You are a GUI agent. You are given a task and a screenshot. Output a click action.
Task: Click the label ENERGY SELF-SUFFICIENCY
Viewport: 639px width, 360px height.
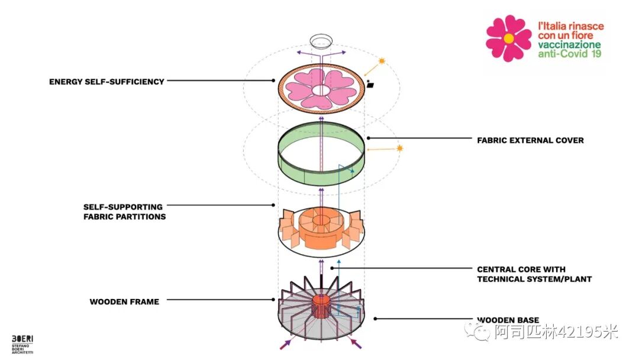pyautogui.click(x=106, y=82)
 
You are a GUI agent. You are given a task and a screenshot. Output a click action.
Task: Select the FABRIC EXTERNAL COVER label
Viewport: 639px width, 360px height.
pyautogui.click(x=530, y=140)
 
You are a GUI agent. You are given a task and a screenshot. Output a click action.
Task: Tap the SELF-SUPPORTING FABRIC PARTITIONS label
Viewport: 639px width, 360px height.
pyautogui.click(x=124, y=212)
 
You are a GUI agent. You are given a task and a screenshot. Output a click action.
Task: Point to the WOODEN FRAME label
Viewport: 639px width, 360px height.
pyautogui.click(x=124, y=302)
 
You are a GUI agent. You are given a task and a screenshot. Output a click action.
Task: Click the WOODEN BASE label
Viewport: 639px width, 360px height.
pyautogui.click(x=508, y=320)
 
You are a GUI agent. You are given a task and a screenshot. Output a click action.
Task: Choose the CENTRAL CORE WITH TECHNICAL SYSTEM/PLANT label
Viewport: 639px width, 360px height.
pyautogui.click(x=534, y=274)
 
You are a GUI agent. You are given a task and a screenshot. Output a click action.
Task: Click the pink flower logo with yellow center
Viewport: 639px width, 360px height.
pyautogui.click(x=508, y=38)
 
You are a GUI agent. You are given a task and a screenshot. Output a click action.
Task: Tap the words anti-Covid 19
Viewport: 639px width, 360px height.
pyautogui.click(x=569, y=54)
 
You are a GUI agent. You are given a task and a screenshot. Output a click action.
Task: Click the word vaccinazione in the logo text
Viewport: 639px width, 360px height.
pyautogui.click(x=569, y=45)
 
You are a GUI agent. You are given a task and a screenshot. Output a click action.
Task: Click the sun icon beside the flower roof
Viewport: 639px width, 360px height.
pyautogui.click(x=382, y=61)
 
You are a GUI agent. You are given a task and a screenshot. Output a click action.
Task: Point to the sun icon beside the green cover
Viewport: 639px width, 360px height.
pyautogui.click(x=400, y=148)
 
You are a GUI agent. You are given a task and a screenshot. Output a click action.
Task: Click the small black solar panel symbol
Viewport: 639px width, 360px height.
pyautogui.click(x=371, y=85)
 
